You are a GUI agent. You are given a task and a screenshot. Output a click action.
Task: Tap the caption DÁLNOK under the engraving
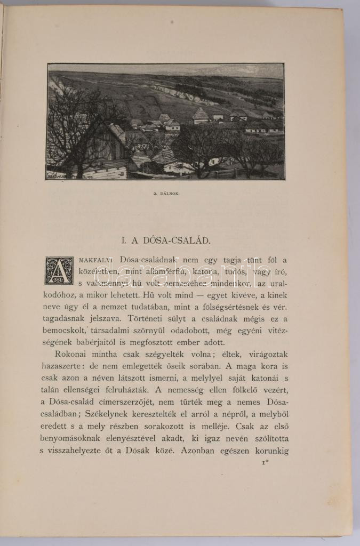169,194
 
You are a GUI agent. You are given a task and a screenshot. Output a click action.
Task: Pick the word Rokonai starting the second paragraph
73,355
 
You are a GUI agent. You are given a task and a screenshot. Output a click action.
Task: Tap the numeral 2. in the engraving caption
153,194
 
